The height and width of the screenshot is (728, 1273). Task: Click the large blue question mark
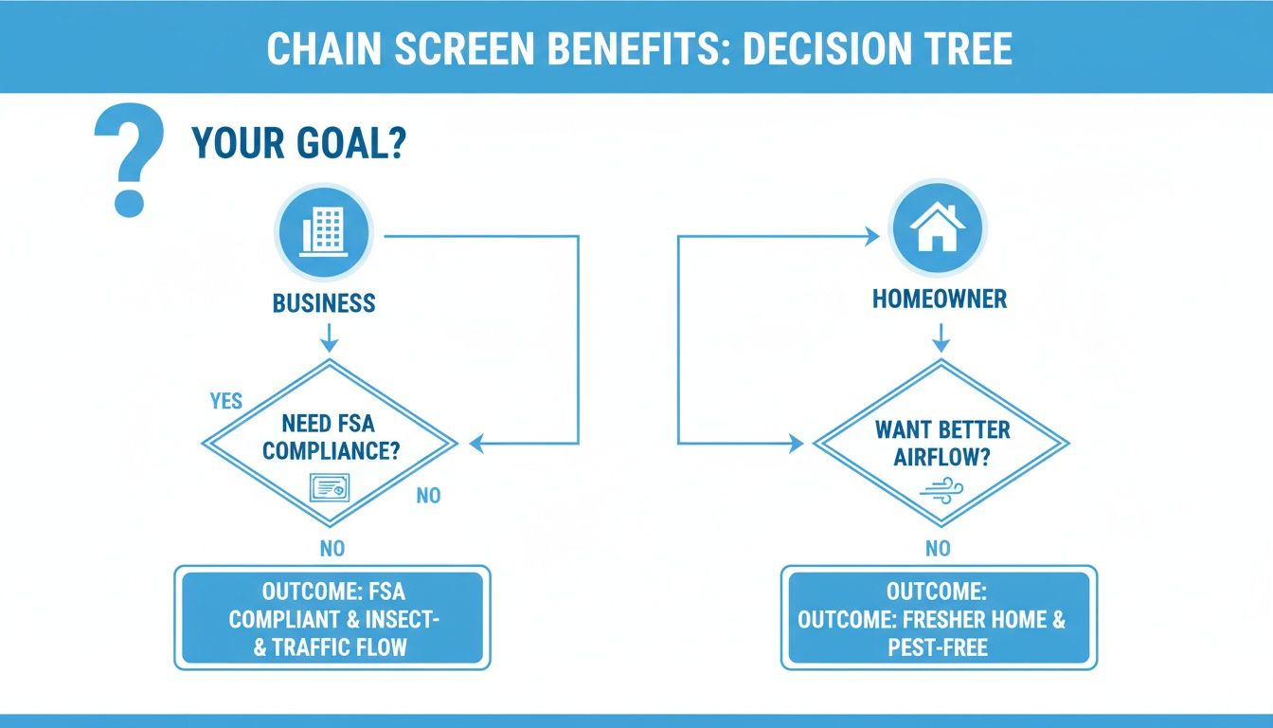click(x=130, y=159)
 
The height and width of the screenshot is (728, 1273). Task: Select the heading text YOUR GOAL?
click(x=298, y=143)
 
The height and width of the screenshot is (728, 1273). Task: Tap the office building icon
click(x=323, y=230)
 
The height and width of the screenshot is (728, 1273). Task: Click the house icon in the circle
click(x=937, y=228)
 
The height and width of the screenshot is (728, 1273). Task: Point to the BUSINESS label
click(x=324, y=303)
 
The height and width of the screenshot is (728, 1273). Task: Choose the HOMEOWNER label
click(x=939, y=300)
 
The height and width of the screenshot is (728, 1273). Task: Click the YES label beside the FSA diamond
click(x=226, y=401)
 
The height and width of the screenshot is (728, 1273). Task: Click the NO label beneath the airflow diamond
click(x=938, y=548)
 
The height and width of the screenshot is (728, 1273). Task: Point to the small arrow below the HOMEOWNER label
click(x=941, y=337)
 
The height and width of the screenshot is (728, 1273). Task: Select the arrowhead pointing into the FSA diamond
click(x=477, y=443)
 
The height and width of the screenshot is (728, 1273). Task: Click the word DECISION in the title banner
click(x=828, y=49)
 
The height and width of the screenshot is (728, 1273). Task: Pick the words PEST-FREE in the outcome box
click(x=938, y=647)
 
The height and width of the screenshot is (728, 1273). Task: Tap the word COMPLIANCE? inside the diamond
click(x=331, y=451)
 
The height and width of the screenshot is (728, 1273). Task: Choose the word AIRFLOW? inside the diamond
click(x=941, y=457)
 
